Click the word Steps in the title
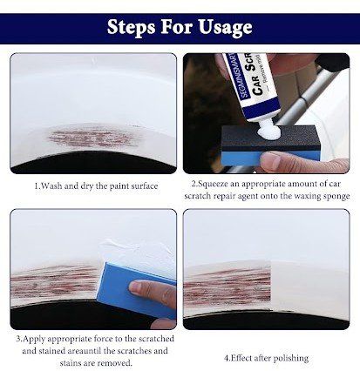pos(131,27)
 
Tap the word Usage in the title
pos(225,28)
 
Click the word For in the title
pos(177,27)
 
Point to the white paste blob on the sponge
pos(269,132)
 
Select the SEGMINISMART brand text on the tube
pos(238,75)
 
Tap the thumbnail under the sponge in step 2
pos(271,160)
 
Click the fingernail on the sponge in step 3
pos(136,287)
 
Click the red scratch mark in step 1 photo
pos(93,138)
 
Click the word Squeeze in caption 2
pos(213,184)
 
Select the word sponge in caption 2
pos(336,197)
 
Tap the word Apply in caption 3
pos(34,339)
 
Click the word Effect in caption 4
pos(241,358)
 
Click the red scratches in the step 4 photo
pos(228,286)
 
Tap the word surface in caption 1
pos(145,186)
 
